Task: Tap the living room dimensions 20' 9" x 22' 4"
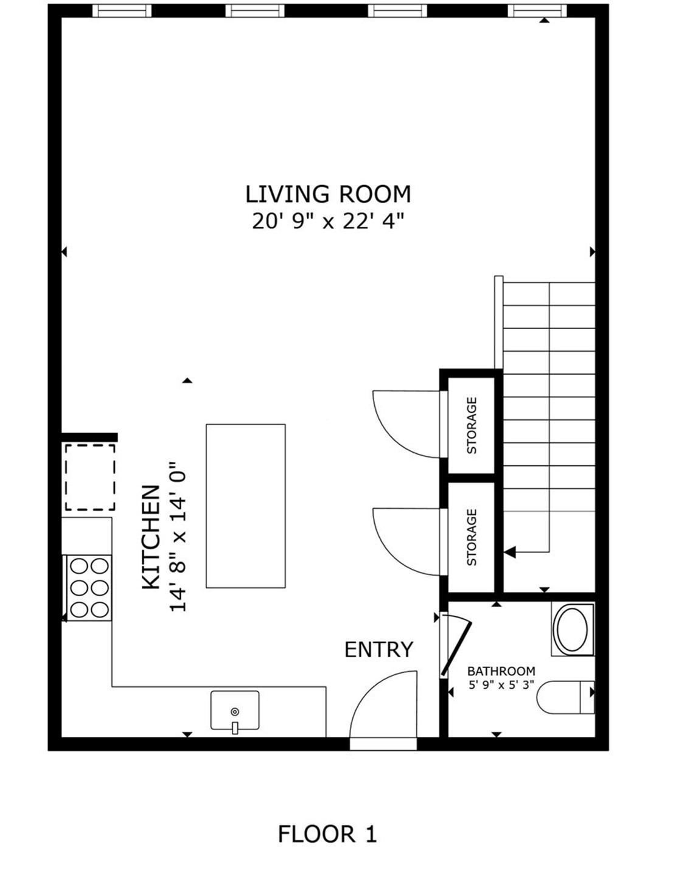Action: (x=328, y=221)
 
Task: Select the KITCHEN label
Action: (x=150, y=538)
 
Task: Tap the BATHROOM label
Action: (x=501, y=671)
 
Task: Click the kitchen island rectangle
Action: (x=246, y=506)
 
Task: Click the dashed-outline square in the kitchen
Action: (x=90, y=477)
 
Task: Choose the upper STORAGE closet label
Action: (x=472, y=425)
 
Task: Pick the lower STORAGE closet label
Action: (x=472, y=538)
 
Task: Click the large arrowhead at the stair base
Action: (x=510, y=552)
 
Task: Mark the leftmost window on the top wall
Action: (x=122, y=10)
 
